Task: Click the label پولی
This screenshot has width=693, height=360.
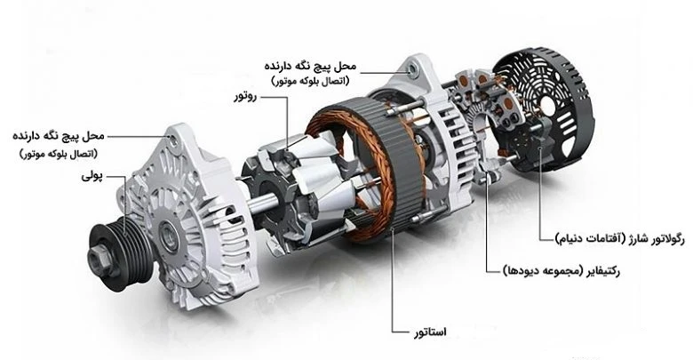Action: (92, 177)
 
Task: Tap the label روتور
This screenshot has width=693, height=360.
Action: (245, 97)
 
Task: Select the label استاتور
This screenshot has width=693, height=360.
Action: (430, 332)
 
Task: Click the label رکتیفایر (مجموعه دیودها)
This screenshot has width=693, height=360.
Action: (562, 270)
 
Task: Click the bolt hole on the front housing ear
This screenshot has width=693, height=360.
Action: (173, 140)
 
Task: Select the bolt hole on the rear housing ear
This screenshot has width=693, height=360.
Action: (413, 69)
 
